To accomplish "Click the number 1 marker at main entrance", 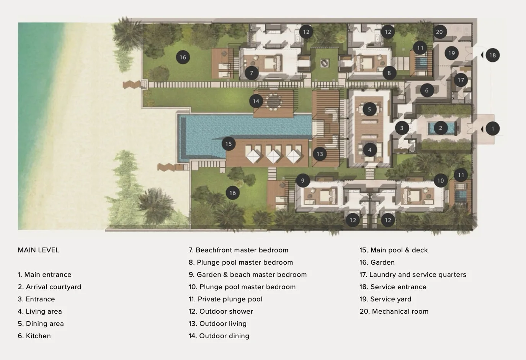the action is (x=492, y=129).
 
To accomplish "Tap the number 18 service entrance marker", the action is (x=492, y=55).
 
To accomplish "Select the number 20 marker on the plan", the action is (x=439, y=32).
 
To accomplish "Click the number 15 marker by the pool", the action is (x=229, y=144).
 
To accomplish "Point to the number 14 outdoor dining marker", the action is (x=256, y=101).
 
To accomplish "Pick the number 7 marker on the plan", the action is (x=252, y=73).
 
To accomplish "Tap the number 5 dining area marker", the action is (x=369, y=109).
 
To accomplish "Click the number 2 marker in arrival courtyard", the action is (x=441, y=128).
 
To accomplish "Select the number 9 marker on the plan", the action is (x=303, y=180).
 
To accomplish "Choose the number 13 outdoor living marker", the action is (x=320, y=154).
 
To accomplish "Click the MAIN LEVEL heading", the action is (x=39, y=250).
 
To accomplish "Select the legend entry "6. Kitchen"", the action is (x=34, y=336).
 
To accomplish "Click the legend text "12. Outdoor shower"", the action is (x=221, y=311).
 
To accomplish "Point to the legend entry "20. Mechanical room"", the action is (x=394, y=311).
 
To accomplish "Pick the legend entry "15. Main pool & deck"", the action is (x=394, y=250).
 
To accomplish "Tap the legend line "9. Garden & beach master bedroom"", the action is (x=248, y=275).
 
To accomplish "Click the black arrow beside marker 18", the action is (x=482, y=55).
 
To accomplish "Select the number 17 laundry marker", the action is (x=461, y=80).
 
